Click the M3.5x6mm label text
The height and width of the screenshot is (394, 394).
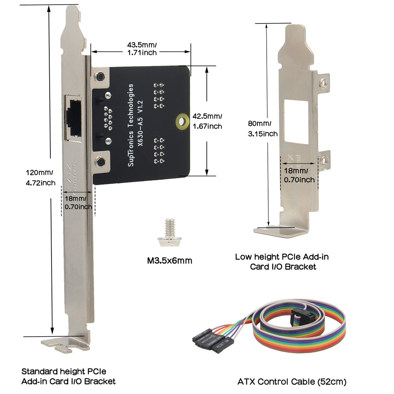(170, 261)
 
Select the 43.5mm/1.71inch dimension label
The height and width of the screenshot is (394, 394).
(142, 49)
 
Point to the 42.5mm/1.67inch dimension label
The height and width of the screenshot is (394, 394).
(207, 121)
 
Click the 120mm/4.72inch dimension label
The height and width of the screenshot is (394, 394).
(40, 178)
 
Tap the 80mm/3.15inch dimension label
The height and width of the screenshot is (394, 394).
(262, 129)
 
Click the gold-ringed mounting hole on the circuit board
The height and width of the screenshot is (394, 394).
(182, 122)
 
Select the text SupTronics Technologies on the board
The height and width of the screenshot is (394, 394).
(131, 125)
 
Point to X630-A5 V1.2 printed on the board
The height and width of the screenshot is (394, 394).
(140, 123)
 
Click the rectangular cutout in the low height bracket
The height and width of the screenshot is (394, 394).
(296, 122)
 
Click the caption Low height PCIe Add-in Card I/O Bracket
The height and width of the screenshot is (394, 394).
(282, 261)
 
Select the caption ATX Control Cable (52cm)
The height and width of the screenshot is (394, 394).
(292, 382)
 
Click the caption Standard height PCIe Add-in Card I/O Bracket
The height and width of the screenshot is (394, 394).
(68, 376)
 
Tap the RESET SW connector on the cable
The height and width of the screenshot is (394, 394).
(219, 345)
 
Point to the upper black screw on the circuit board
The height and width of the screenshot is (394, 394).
(100, 76)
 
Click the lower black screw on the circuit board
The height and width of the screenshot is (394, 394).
(101, 162)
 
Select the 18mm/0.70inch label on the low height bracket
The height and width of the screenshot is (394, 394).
(299, 175)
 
